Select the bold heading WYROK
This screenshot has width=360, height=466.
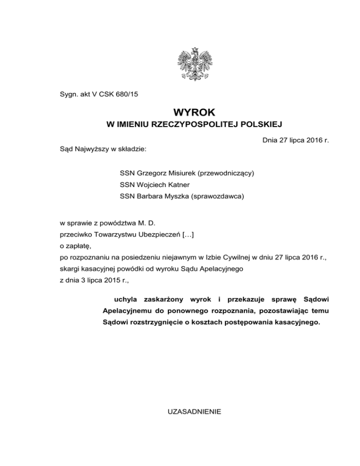(x=194, y=113)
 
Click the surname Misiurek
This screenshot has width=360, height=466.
(x=180, y=173)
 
